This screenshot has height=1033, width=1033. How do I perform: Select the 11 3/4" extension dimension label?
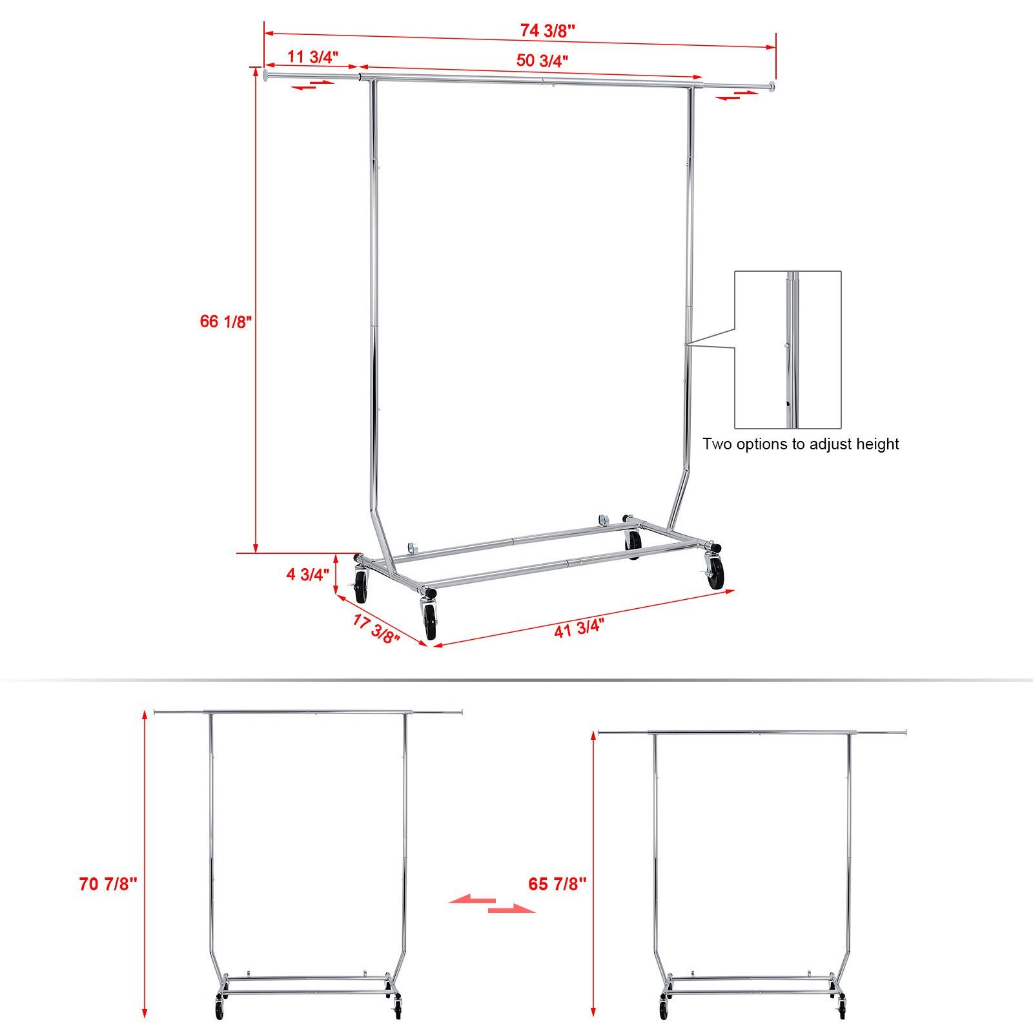pyautogui.click(x=312, y=57)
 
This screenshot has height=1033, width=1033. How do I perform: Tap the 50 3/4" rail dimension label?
pyautogui.click(x=542, y=61)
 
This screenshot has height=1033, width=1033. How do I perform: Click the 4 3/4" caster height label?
pyautogui.click(x=308, y=574)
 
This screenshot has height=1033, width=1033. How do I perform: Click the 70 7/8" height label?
pyautogui.click(x=108, y=884)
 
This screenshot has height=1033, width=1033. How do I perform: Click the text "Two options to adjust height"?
pyautogui.click(x=801, y=444)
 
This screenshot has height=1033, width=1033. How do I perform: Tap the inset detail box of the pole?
pyautogui.click(x=788, y=349)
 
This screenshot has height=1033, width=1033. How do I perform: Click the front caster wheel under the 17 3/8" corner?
pyautogui.click(x=430, y=621)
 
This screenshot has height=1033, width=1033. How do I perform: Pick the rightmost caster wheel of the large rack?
pyautogui.click(x=716, y=573)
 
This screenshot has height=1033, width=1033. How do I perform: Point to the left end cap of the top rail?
pyautogui.click(x=267, y=76)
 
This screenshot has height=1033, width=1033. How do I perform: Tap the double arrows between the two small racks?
pyautogui.click(x=492, y=904)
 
